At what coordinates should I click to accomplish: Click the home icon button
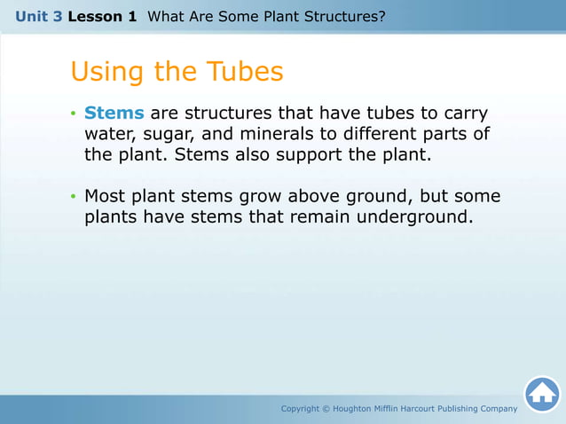coord(542,394)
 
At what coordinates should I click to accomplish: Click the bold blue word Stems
coord(114,114)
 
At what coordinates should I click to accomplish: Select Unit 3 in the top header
coord(37,16)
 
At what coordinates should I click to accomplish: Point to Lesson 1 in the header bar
coord(102,16)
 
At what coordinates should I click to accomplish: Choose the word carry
coord(464,114)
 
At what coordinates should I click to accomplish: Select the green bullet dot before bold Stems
coord(75,114)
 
